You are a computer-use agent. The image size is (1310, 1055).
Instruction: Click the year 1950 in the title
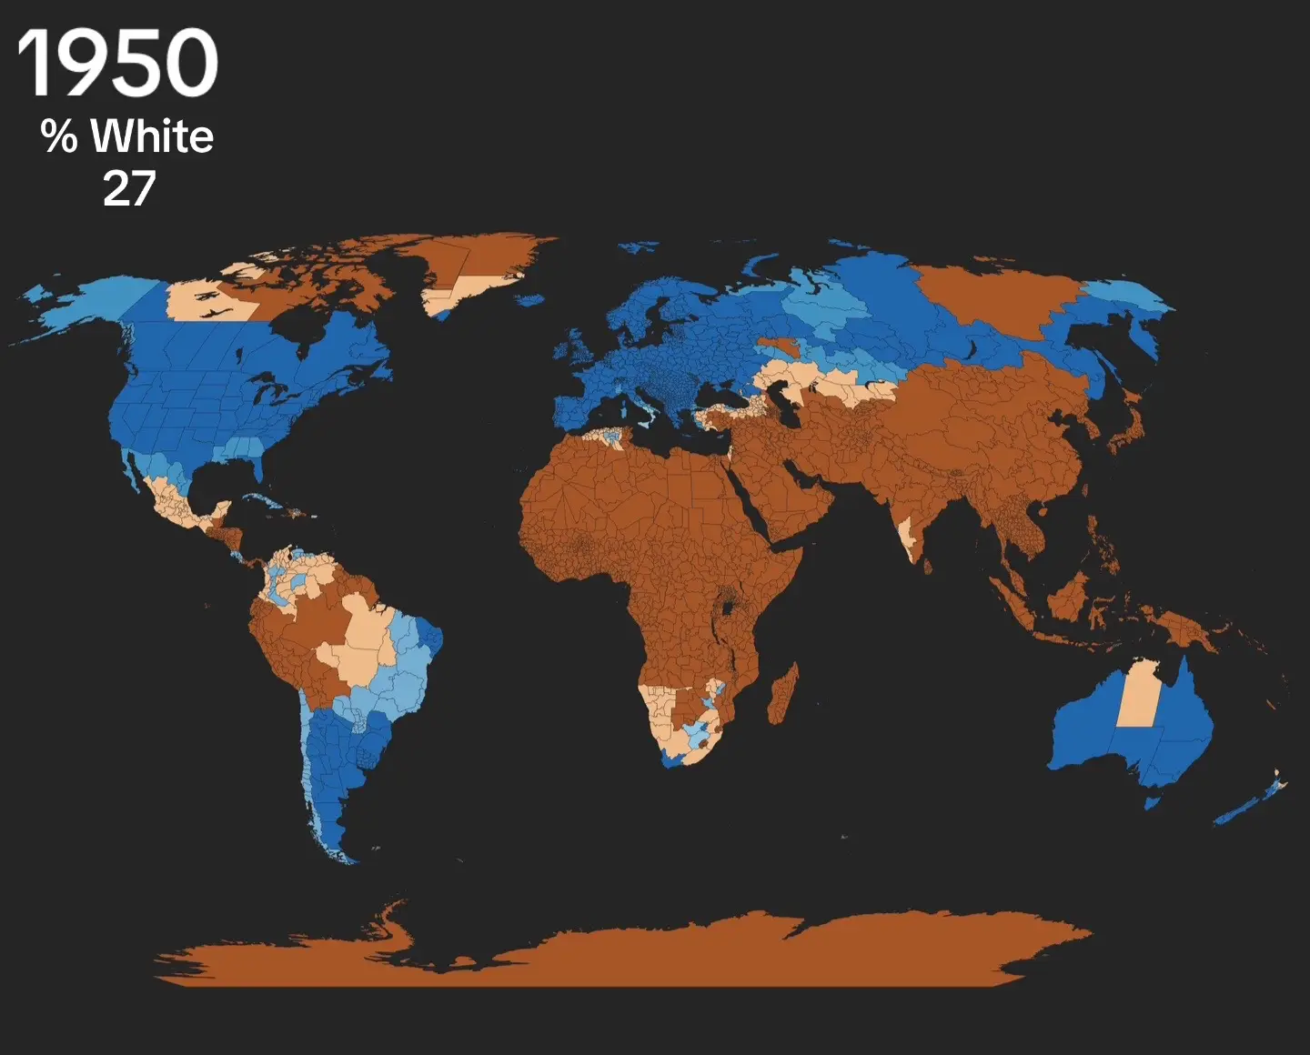point(117,63)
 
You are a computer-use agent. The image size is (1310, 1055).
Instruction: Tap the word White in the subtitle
point(152,136)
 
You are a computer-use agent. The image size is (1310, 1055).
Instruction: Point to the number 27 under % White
point(129,189)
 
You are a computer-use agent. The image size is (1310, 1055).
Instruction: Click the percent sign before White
point(59,136)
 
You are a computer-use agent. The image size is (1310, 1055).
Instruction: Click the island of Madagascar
point(783,694)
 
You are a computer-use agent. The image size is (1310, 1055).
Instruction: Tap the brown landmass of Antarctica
point(637,955)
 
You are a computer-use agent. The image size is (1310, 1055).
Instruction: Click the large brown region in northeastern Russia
point(1001,291)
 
